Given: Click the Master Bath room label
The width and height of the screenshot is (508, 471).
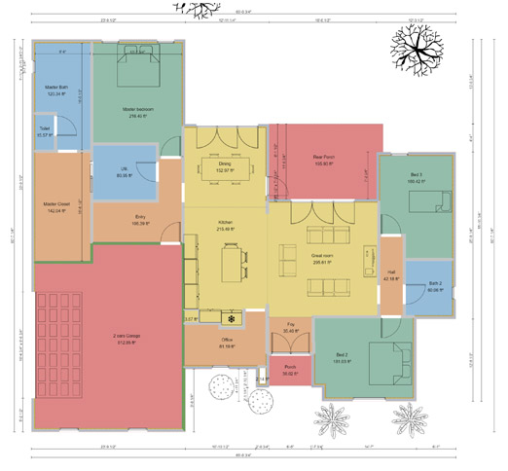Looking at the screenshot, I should pyautogui.click(x=54, y=91).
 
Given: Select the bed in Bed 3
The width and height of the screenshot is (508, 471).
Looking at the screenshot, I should pyautogui.click(x=426, y=202).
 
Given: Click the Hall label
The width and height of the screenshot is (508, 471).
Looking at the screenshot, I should pyautogui.click(x=391, y=275).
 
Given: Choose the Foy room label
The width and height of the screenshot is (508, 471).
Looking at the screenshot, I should pyautogui.click(x=290, y=328).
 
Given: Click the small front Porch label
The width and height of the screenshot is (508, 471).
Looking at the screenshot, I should pyautogui.click(x=290, y=370).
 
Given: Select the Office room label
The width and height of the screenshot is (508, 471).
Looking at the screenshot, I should pyautogui.click(x=227, y=343).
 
